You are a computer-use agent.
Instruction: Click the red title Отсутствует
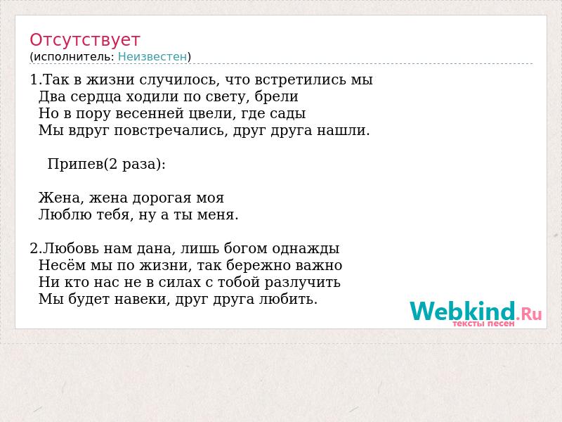click(84, 40)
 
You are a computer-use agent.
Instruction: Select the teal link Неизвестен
click(152, 57)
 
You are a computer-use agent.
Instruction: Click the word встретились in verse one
click(301, 79)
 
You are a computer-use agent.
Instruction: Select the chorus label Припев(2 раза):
click(107, 165)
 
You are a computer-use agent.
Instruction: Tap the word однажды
click(306, 249)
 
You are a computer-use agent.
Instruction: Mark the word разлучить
click(303, 283)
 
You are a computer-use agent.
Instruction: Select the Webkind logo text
click(476, 311)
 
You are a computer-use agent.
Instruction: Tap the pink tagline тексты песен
click(483, 324)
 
